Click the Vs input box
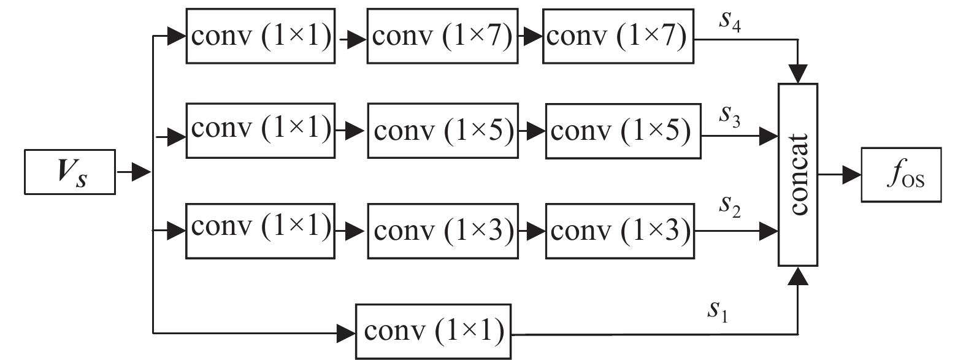click(x=70, y=172)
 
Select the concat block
click(x=797, y=174)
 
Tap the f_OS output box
click(x=901, y=174)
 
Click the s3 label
click(x=730, y=117)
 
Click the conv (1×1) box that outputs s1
click(x=433, y=331)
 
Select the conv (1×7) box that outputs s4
click(x=618, y=36)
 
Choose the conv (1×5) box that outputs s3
click(x=623, y=131)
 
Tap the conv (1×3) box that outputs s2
click(x=620, y=231)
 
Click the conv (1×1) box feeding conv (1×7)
click(x=261, y=36)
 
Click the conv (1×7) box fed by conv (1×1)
click(x=439, y=36)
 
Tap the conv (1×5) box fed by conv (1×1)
click(x=442, y=131)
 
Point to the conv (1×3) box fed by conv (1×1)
click(x=442, y=231)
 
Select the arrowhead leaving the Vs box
click(x=142, y=172)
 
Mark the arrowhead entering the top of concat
click(x=797, y=75)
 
